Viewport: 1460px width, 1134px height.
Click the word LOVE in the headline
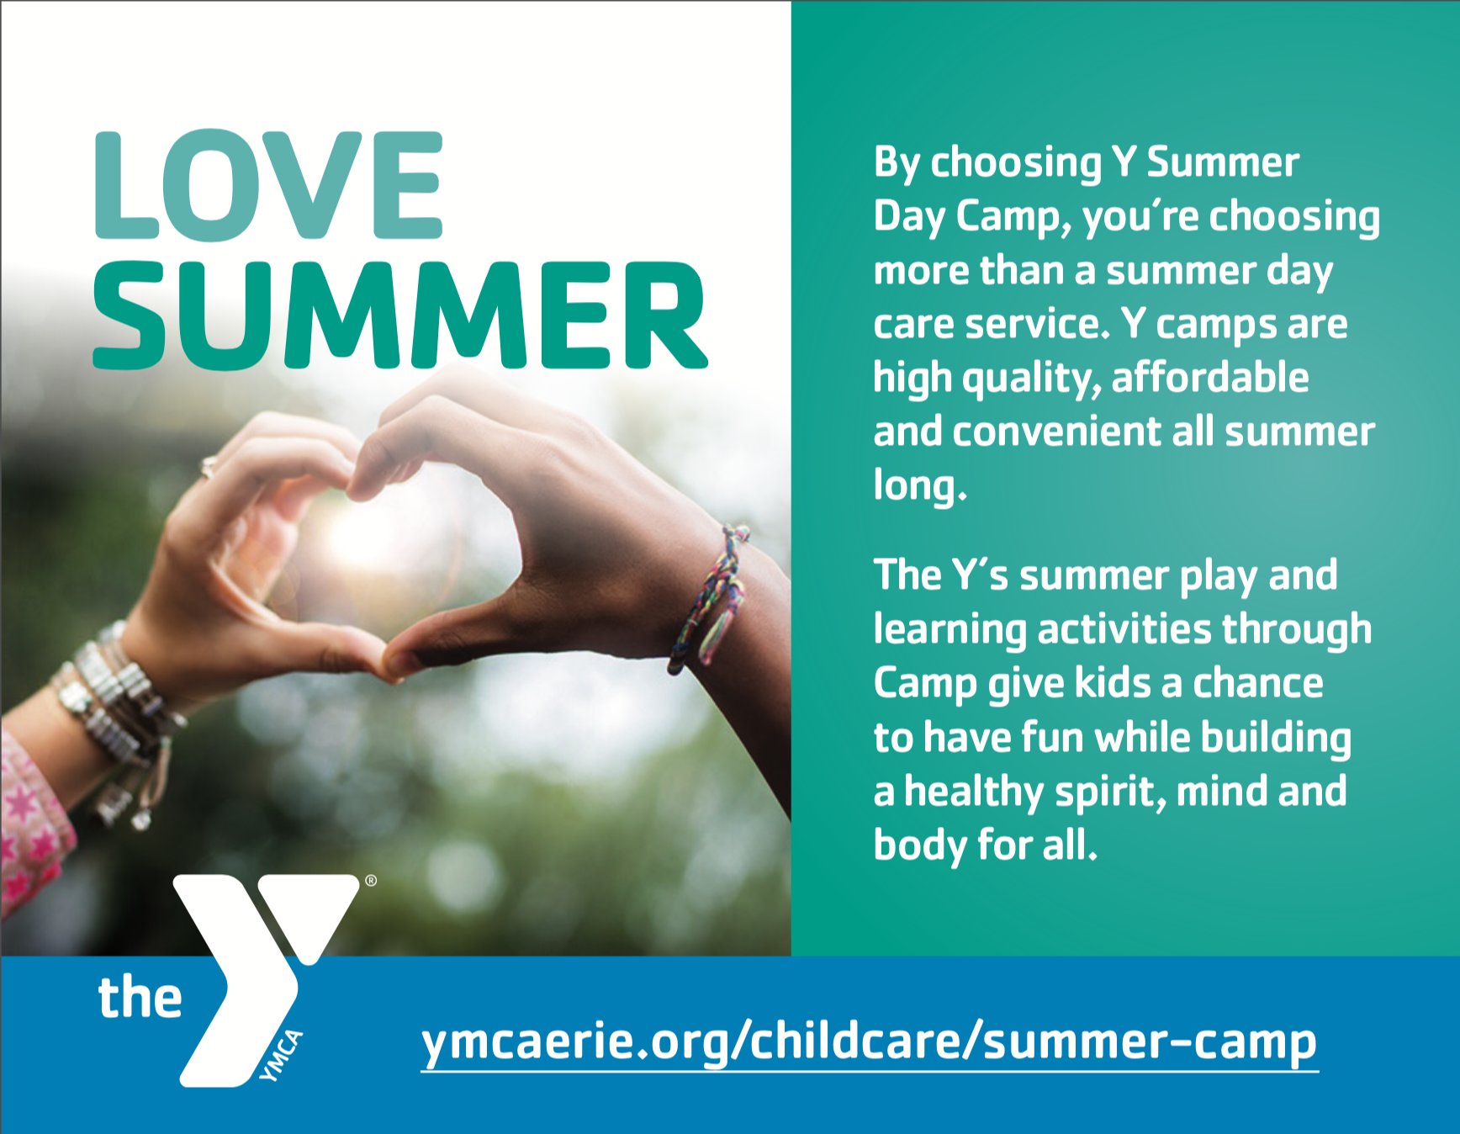268,186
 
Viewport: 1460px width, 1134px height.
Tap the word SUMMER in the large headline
400,315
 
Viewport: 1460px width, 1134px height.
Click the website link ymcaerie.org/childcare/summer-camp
869,1043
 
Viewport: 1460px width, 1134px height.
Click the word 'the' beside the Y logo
140,997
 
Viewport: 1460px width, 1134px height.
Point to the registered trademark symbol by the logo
371,881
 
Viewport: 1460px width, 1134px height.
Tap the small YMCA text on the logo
281,1056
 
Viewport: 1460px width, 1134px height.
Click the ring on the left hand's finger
208,467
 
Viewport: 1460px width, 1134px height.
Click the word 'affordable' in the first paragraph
1210,377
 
